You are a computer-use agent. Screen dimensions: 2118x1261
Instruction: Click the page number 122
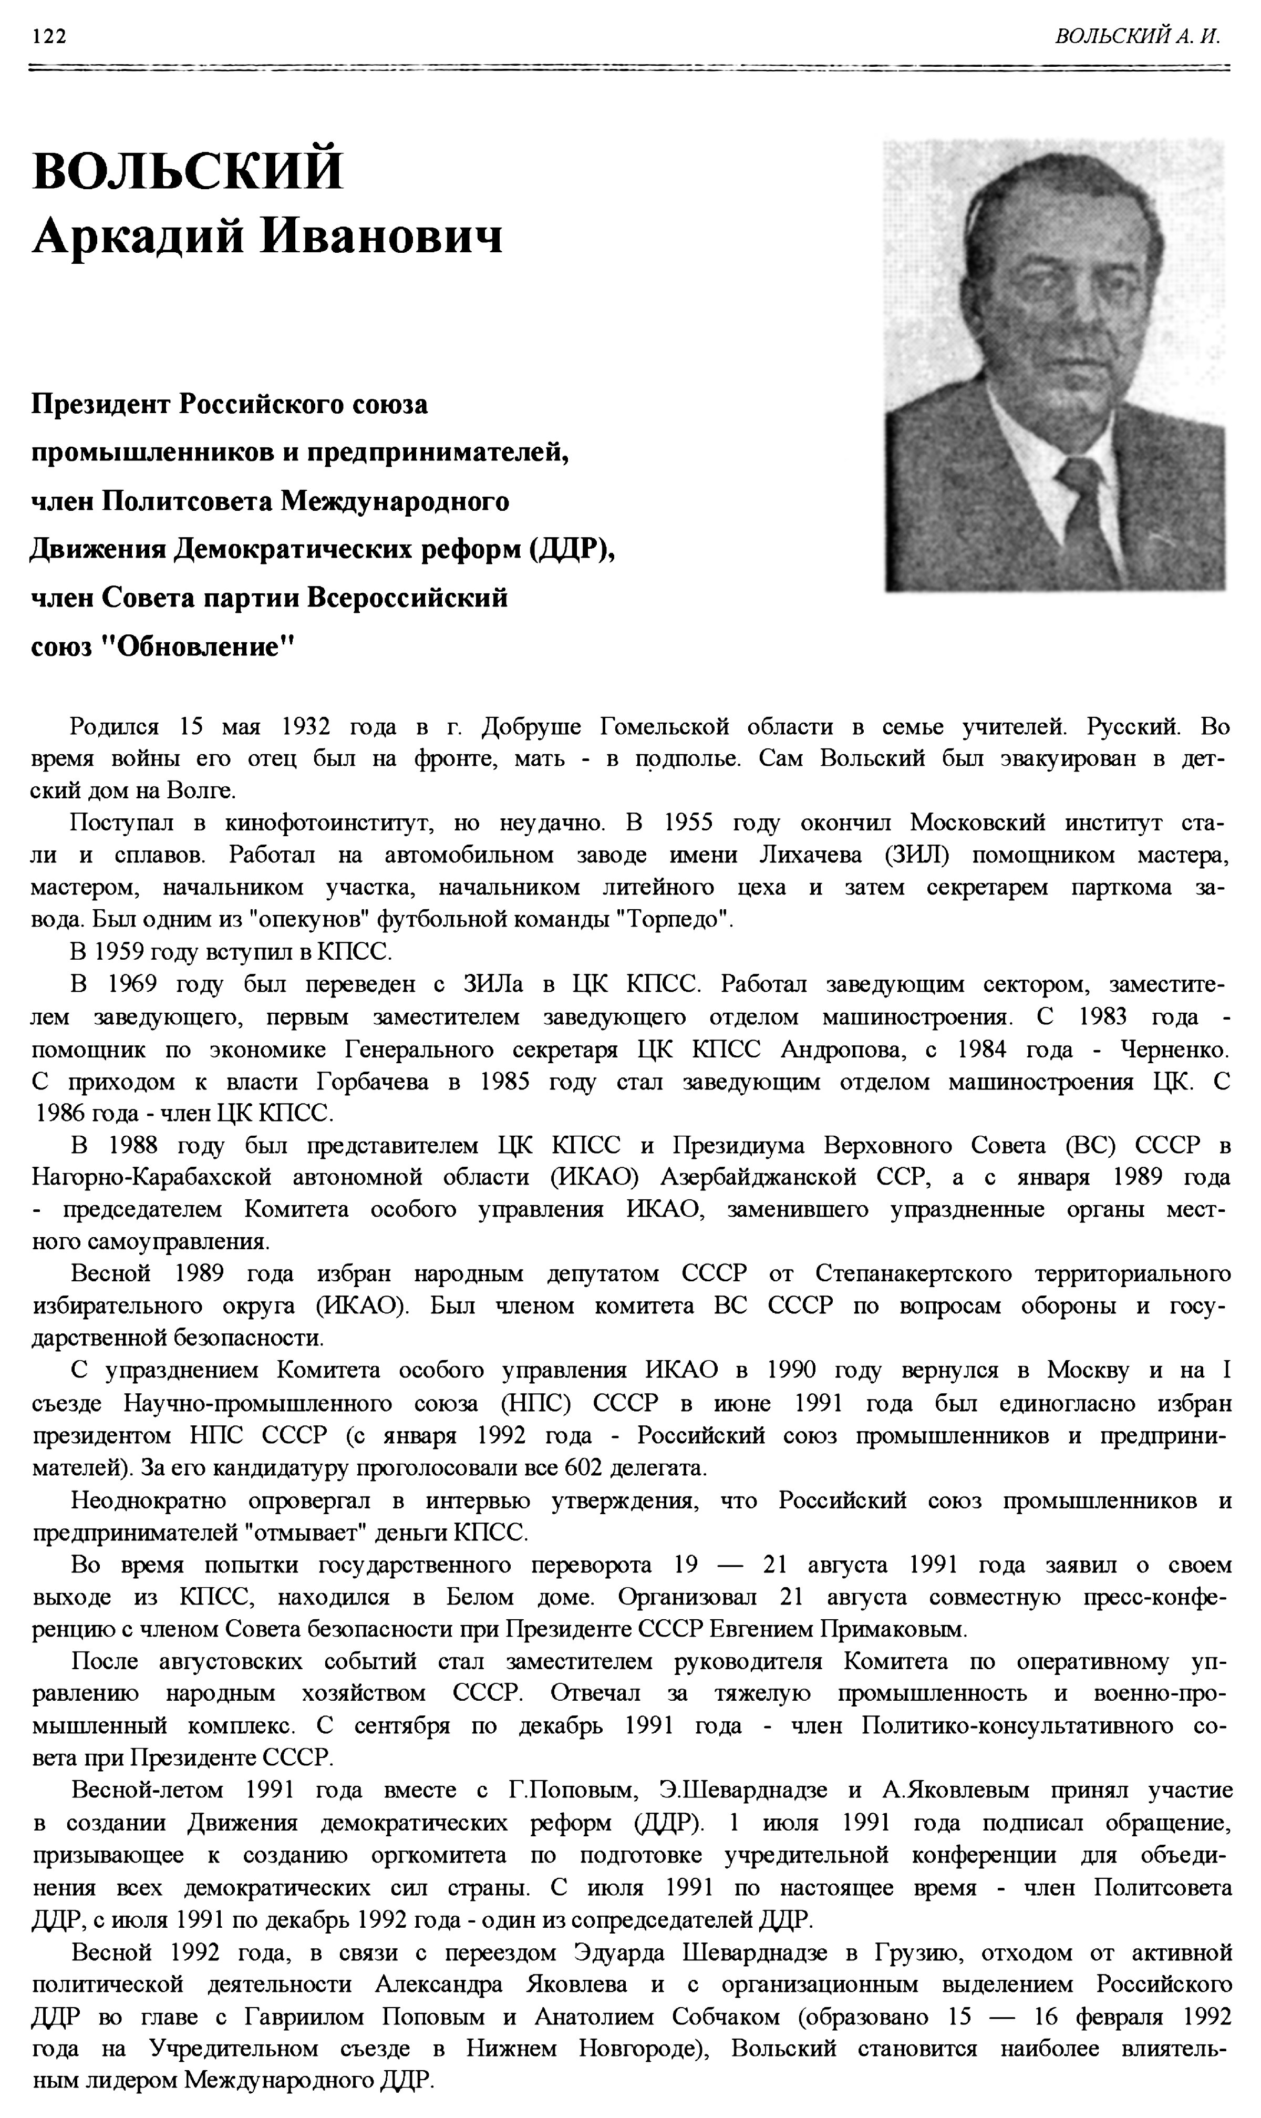point(49,37)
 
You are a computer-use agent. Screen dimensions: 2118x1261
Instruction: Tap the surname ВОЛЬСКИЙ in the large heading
point(188,170)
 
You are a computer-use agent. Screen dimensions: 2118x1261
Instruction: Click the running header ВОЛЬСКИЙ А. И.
point(1137,37)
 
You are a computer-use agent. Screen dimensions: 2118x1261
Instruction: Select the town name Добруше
point(531,727)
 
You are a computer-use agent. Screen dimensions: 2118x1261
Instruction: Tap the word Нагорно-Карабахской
point(152,1177)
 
